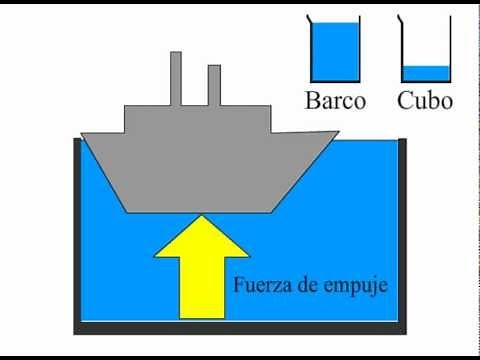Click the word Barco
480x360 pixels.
pos(335,100)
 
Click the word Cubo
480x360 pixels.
pos(425,100)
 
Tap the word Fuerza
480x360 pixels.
pos(262,284)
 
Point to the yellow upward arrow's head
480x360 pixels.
pos(203,235)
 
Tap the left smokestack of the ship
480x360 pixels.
pos(176,76)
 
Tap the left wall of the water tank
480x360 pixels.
pos(77,235)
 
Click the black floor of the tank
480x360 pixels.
pos(240,327)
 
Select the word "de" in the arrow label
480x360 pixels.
pos(305,284)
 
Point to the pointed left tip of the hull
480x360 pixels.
pos(80,133)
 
